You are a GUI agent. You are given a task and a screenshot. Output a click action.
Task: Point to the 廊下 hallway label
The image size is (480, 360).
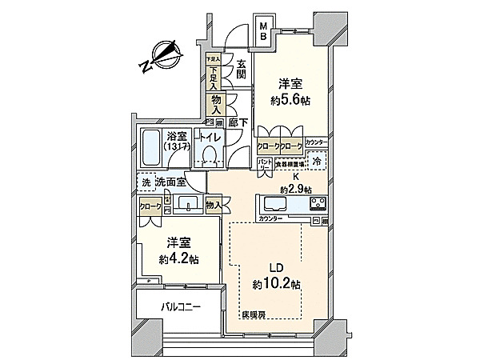coord(236,122)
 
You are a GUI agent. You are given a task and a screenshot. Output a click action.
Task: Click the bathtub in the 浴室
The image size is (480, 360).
coord(150,144)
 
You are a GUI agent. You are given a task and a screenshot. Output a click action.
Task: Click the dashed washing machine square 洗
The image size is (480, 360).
coord(146,182)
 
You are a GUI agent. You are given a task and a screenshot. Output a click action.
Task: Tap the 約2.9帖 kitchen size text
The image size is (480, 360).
coord(294,188)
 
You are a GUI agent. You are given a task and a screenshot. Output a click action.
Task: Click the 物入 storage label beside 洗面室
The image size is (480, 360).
coord(214,206)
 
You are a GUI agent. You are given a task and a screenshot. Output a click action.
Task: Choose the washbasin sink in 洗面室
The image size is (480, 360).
coord(186,202)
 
